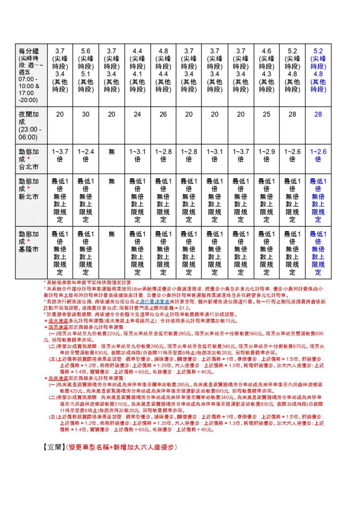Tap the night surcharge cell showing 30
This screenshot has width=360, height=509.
click(x=85, y=114)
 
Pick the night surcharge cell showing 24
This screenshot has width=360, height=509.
click(x=137, y=114)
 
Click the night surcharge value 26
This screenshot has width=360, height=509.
click(x=163, y=114)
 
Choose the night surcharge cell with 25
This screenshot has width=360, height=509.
click(x=266, y=114)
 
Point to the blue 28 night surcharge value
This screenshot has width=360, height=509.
click(x=318, y=114)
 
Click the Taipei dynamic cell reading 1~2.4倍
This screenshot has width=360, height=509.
click(x=85, y=155)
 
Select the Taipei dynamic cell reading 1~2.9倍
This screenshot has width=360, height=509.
click(x=266, y=155)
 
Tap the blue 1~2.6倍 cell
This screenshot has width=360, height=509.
click(x=318, y=155)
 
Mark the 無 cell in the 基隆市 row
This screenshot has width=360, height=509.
click(x=112, y=234)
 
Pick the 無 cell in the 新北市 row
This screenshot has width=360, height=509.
click(x=112, y=181)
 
